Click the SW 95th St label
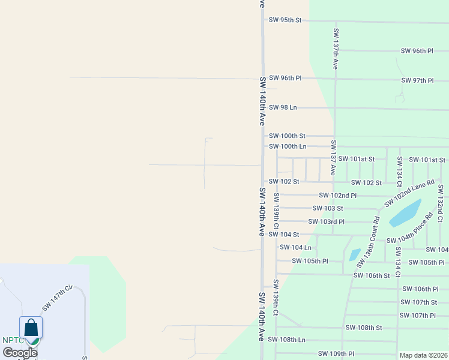[x=285, y=20]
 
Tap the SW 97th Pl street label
[x=417, y=80]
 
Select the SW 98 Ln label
[x=283, y=107]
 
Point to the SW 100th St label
[x=287, y=136]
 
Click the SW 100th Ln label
[x=288, y=146]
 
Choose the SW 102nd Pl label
[x=338, y=196]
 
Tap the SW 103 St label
[x=328, y=208]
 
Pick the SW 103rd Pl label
[x=327, y=221]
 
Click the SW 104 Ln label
[x=297, y=247]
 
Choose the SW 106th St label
[x=372, y=275]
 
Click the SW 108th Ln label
[x=287, y=340]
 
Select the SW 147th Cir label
[x=57, y=298]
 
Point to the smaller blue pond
[x=355, y=254]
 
